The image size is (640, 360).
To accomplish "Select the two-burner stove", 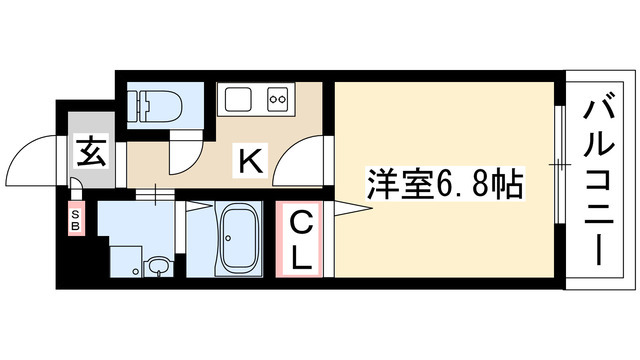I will point(276,99).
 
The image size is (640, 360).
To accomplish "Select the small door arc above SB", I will point(77,184).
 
